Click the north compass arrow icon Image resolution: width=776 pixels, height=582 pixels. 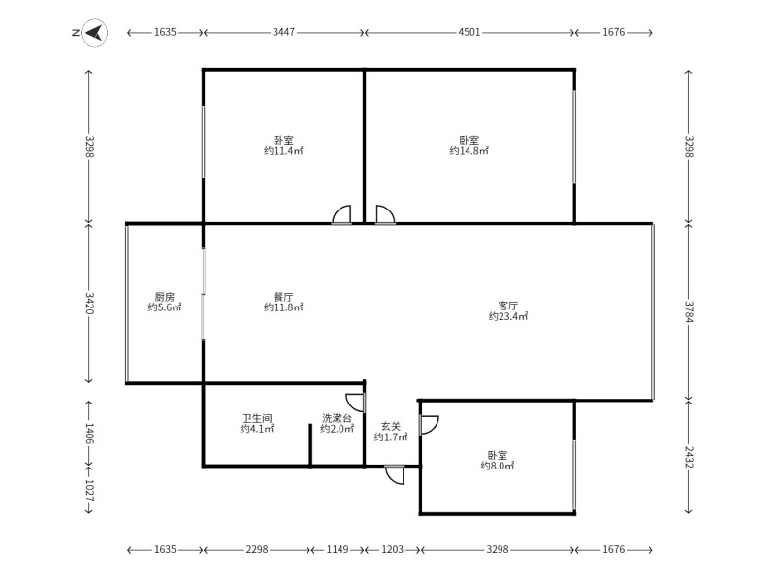(94, 33)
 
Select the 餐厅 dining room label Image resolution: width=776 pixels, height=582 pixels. (283, 297)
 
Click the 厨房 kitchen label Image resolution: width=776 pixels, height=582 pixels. (164, 297)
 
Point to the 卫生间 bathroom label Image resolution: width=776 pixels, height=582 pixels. (257, 418)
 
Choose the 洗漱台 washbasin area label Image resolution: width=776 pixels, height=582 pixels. (337, 418)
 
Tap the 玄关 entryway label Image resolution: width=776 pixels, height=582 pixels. (390, 426)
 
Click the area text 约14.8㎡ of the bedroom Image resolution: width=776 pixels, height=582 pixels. (469, 151)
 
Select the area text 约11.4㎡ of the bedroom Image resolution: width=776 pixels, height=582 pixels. (283, 151)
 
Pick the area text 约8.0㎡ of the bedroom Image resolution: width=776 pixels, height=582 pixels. (497, 467)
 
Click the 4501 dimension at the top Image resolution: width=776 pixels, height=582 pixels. (469, 33)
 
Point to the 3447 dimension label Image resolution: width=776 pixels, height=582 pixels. (283, 33)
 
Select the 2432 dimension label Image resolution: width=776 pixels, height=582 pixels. (688, 456)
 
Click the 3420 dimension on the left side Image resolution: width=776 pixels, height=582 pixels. (89, 304)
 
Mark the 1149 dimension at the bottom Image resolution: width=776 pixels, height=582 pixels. (337, 550)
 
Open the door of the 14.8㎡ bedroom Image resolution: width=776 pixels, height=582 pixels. (384, 215)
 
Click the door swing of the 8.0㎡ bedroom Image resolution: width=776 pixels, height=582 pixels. (429, 424)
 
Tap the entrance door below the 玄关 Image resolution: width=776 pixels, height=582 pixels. (395, 474)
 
